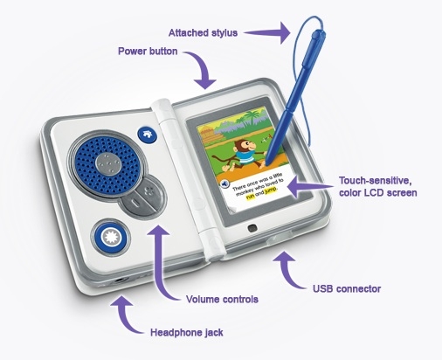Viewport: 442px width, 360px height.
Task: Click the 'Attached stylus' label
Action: tap(203, 32)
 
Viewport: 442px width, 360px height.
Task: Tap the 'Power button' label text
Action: tap(148, 52)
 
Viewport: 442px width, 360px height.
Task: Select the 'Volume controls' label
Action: tap(222, 299)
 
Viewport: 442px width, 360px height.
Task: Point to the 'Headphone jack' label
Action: tap(187, 332)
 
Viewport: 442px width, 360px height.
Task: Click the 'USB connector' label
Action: tap(347, 289)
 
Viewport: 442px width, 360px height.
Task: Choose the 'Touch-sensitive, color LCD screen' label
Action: tap(378, 186)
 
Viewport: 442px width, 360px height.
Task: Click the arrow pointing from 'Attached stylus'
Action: tap(267, 32)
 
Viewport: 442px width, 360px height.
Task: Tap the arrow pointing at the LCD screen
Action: tap(310, 187)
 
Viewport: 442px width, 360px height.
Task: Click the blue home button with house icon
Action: tap(148, 135)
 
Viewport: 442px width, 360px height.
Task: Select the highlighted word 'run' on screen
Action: tap(250, 197)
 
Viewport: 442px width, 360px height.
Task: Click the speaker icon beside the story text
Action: tap(224, 184)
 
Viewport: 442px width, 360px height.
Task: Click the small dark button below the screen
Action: tap(252, 228)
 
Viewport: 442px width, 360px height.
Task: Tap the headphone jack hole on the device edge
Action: tap(120, 280)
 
